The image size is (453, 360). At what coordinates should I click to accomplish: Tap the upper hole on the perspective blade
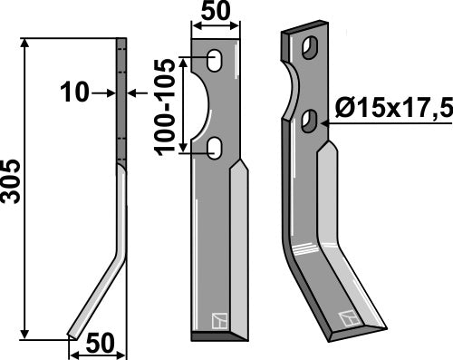click(310, 46)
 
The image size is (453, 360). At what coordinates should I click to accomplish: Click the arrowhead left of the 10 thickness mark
click(110, 92)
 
